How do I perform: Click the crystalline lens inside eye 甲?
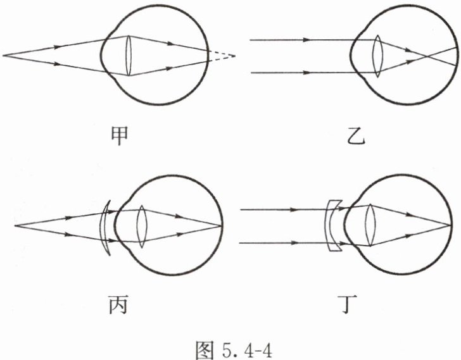(129, 56)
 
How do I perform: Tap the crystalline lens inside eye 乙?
(377, 56)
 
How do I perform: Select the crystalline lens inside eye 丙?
(142, 225)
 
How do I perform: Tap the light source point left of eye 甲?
(4, 56)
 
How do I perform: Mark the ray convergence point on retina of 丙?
(222, 225)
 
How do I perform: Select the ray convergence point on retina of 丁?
(453, 225)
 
